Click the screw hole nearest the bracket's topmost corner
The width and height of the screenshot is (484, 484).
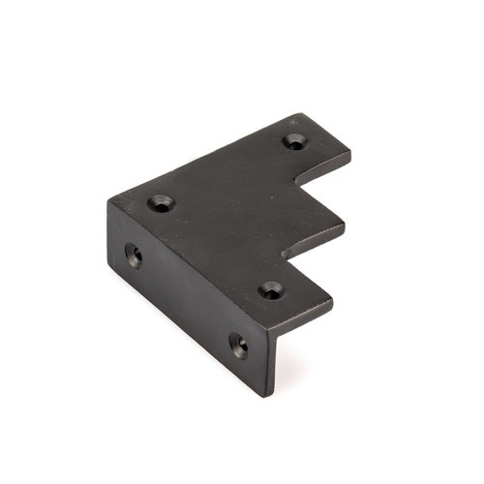293,141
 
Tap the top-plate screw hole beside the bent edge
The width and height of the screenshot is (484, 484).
161,203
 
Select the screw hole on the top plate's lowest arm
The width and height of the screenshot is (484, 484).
270,289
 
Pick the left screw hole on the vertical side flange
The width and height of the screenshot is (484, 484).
134,256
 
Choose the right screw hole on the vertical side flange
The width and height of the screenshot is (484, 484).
238,344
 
